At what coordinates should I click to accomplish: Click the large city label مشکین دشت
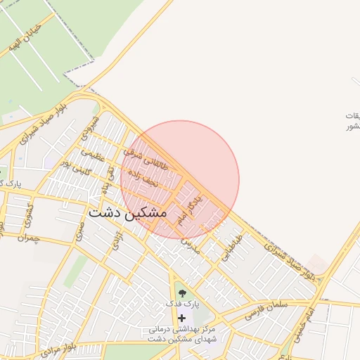[x=128, y=212]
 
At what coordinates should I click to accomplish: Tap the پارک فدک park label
[x=183, y=304]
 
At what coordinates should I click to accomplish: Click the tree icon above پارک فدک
[x=182, y=292]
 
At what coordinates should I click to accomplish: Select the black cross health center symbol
[x=182, y=318]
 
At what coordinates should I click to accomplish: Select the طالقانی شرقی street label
[x=146, y=160]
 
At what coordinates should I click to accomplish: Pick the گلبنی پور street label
[x=75, y=165]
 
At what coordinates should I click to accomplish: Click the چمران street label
[x=27, y=238]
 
